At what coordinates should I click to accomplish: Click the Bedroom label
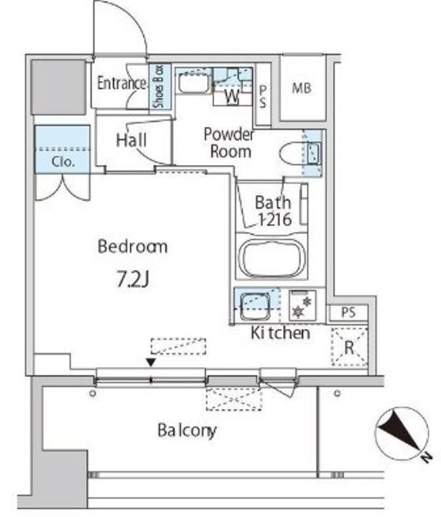(133, 246)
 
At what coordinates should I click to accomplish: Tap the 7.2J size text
(134, 279)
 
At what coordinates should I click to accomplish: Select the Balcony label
(187, 430)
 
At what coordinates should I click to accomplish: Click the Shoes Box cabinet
(160, 87)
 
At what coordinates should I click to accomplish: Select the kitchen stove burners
(302, 306)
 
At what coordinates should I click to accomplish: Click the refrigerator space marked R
(349, 347)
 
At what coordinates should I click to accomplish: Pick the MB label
(302, 88)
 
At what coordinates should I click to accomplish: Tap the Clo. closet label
(63, 162)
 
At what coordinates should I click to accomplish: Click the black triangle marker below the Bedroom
(151, 363)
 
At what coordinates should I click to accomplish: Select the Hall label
(131, 141)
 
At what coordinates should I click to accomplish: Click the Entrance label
(121, 83)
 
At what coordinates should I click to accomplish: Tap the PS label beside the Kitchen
(348, 312)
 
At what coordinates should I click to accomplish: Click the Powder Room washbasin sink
(193, 83)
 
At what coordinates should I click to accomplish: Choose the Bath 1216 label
(274, 211)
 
